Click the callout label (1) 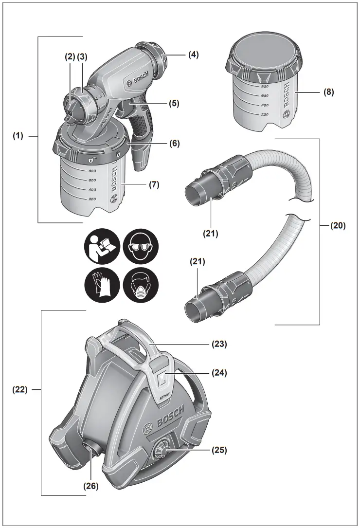(x=18, y=137)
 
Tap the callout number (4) (x=194, y=55)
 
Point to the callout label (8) (x=328, y=92)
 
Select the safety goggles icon (x=141, y=247)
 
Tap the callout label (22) (x=20, y=389)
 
